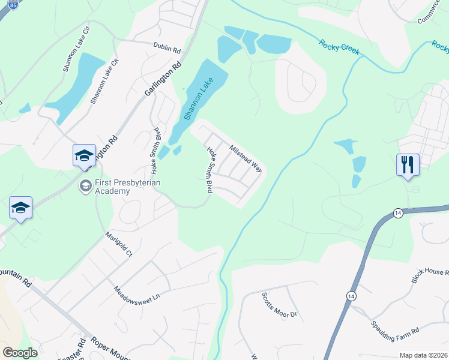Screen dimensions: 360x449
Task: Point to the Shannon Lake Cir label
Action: point(76,49)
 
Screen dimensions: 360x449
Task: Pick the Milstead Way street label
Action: point(246,157)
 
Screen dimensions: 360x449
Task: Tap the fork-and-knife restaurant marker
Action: point(408,164)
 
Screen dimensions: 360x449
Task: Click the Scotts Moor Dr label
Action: point(279,305)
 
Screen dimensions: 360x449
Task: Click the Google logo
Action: point(20,353)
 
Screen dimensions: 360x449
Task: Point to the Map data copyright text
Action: point(423,355)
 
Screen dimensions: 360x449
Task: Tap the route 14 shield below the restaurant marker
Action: point(398,213)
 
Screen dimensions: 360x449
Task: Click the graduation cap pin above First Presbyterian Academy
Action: point(84,156)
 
